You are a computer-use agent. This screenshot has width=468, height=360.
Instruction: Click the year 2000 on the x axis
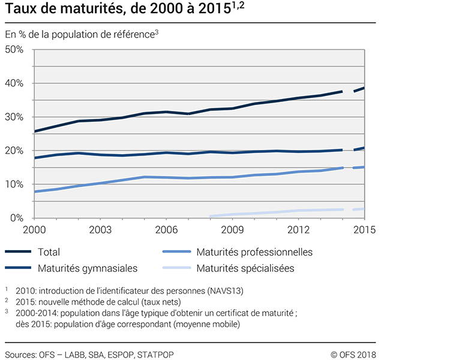click(x=34, y=230)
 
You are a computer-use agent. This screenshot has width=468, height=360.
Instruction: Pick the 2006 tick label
click(x=166, y=230)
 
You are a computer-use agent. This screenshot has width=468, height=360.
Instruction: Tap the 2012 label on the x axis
click(x=298, y=230)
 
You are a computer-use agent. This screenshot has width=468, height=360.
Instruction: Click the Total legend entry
click(x=49, y=253)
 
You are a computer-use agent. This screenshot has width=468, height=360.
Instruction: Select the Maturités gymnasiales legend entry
click(x=88, y=268)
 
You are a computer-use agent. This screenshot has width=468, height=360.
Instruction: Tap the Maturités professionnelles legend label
click(x=254, y=253)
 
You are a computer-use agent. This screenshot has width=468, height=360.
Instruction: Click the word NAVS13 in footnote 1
click(x=223, y=291)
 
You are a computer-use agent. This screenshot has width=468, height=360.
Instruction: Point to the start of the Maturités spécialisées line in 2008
click(x=211, y=216)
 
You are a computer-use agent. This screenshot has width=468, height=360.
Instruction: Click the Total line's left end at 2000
click(x=35, y=131)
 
